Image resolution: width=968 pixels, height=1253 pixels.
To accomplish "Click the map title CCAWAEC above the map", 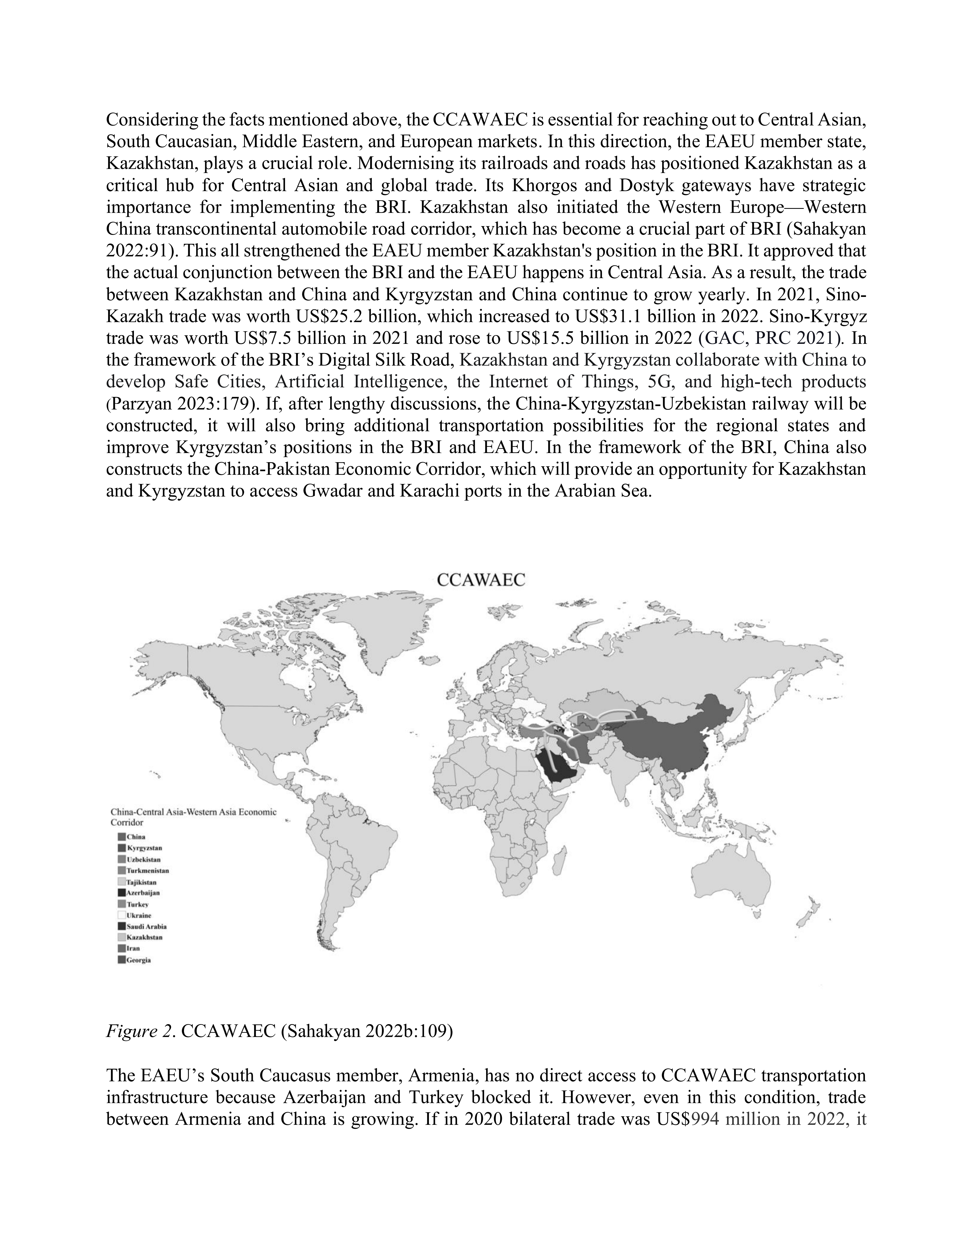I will click(481, 580).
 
